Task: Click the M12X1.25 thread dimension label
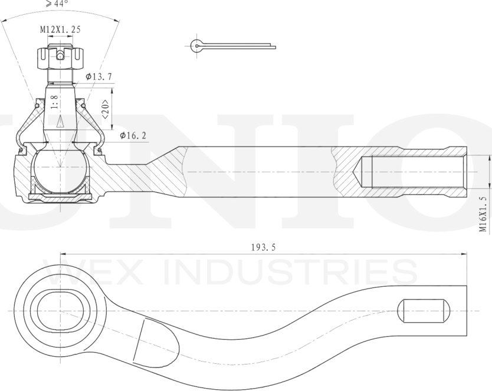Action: coord(60,29)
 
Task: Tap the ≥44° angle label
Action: coord(57,4)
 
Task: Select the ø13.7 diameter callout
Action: coord(99,77)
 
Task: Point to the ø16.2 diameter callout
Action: coord(133,135)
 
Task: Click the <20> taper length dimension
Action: coord(106,110)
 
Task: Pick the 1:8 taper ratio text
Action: coord(55,102)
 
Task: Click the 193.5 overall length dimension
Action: coord(263,247)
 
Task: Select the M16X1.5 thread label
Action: coord(483,214)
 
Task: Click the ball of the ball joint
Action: coord(60,171)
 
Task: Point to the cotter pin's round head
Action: coord(196,46)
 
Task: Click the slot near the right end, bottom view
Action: coord(424,311)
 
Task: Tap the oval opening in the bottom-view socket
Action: coord(61,311)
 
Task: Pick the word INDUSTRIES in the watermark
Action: coord(291,271)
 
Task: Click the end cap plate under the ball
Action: coord(60,197)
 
